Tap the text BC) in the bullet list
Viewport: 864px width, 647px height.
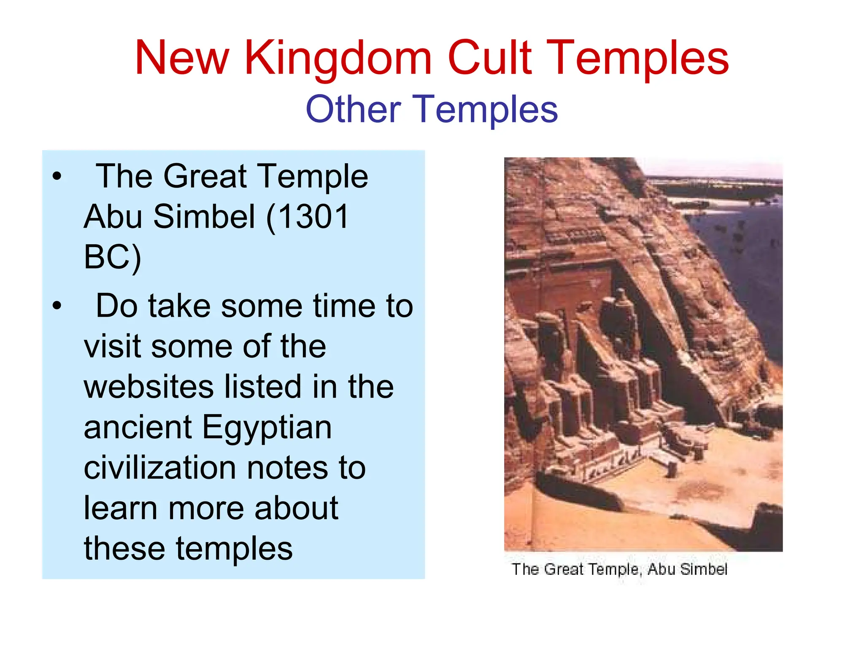pos(112,257)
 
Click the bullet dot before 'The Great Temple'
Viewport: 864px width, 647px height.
pos(57,176)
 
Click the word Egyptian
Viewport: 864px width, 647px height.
pos(267,428)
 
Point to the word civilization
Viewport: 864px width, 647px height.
pos(160,468)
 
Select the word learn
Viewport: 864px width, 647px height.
pos(120,508)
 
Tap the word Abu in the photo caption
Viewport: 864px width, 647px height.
pos(661,569)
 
